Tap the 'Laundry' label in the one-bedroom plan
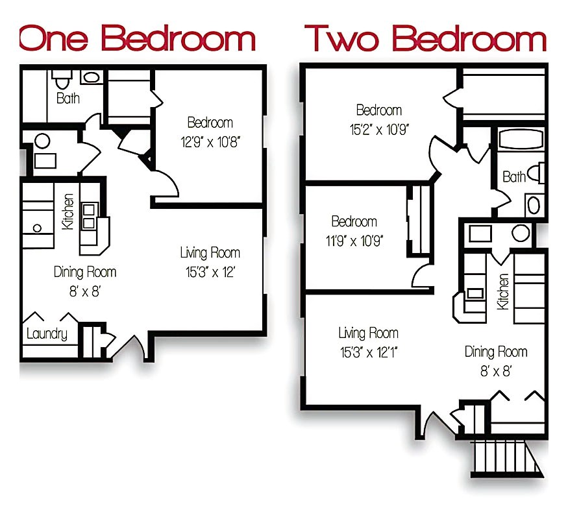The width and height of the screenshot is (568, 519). tap(47, 334)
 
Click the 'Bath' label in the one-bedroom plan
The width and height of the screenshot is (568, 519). tap(68, 99)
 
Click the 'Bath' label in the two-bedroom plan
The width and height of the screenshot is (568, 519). tap(513, 176)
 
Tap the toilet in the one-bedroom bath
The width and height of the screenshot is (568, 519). tap(62, 80)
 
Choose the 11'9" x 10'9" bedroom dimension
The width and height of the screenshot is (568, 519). tap(354, 240)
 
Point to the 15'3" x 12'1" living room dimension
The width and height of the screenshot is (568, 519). tap(368, 353)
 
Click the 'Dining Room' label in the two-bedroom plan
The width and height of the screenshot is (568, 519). tap(495, 352)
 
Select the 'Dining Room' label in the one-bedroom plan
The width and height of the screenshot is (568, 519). tap(85, 272)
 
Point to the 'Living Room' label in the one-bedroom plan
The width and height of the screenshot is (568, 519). tap(210, 253)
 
